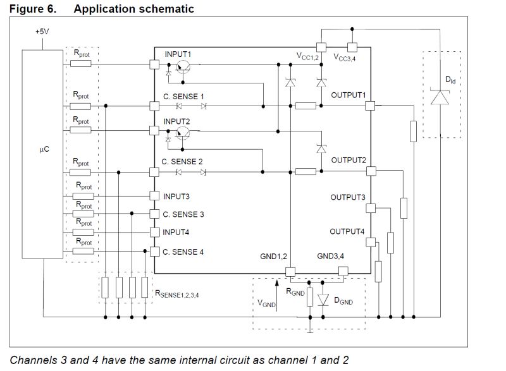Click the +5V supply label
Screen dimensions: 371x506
coord(41,31)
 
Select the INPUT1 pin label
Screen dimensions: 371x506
coord(178,54)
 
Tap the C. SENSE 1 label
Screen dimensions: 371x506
coord(184,96)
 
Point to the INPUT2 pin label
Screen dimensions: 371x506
coord(178,121)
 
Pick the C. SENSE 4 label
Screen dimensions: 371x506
coord(183,252)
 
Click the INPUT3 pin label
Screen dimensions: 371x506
coord(176,196)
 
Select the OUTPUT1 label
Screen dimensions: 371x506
coord(349,95)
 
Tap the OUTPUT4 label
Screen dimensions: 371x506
coord(347,231)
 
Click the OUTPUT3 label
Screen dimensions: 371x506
coord(348,197)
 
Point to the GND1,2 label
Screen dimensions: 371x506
coord(274,257)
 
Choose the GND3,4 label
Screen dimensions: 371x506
coord(331,257)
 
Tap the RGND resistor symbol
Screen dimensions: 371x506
coord(309,298)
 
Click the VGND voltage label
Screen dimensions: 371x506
coord(266,303)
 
